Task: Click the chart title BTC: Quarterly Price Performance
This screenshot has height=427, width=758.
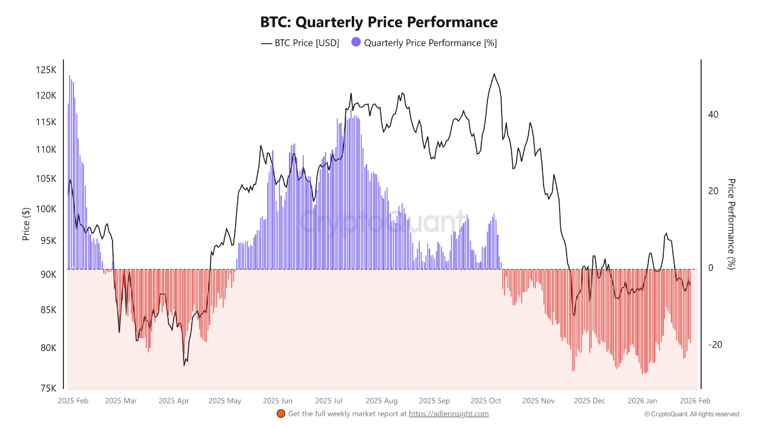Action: (x=379, y=23)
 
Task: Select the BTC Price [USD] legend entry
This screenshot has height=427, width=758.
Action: (x=300, y=43)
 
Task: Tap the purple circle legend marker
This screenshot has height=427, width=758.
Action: (x=356, y=42)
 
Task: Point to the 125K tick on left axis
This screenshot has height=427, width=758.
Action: (x=46, y=70)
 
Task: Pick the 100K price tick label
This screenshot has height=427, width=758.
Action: (x=46, y=209)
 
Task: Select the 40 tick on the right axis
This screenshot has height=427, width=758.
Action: (x=714, y=114)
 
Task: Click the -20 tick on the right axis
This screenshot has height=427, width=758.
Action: (x=715, y=345)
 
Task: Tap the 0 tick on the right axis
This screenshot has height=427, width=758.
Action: (x=711, y=268)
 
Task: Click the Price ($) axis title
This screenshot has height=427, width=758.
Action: (x=26, y=224)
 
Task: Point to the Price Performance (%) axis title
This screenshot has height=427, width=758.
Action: (x=731, y=224)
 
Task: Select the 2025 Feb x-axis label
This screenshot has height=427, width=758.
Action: (x=74, y=401)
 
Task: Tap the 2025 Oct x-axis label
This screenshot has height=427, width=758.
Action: (x=485, y=401)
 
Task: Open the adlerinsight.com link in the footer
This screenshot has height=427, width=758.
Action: (x=448, y=414)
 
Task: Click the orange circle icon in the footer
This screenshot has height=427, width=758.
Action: (x=281, y=413)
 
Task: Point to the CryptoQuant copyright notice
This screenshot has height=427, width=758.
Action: (x=691, y=414)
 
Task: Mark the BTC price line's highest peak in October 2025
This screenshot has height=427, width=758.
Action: (x=494, y=74)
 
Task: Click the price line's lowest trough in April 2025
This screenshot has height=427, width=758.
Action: (x=184, y=365)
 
